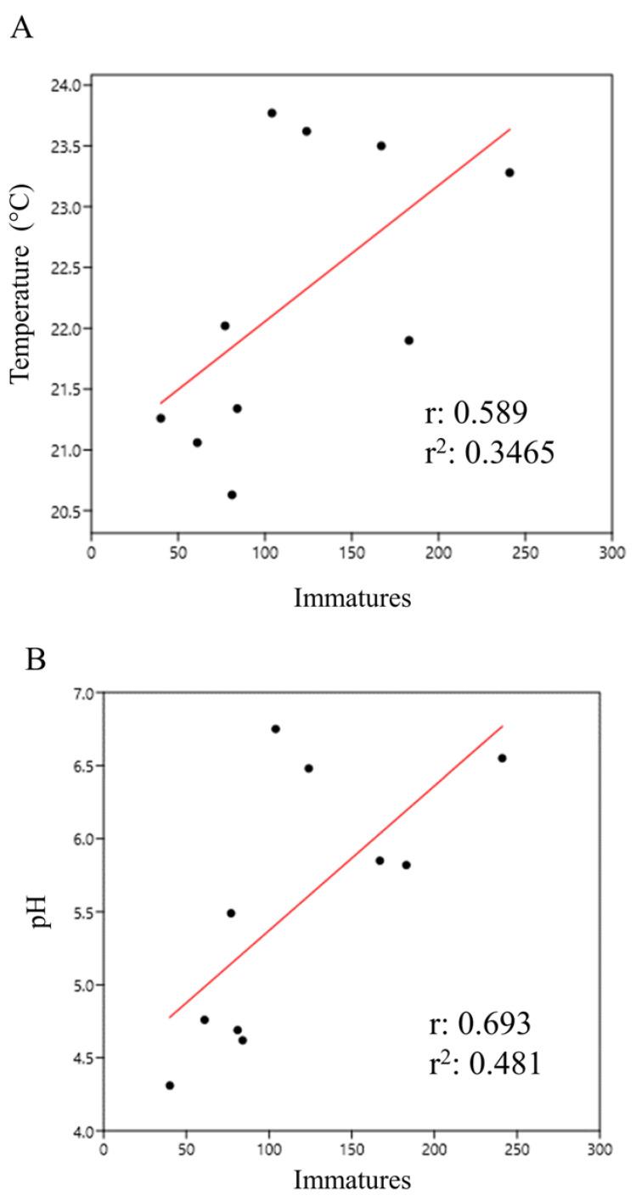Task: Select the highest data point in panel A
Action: [x=272, y=113]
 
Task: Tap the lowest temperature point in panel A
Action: [x=232, y=495]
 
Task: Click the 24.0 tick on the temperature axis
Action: [x=66, y=86]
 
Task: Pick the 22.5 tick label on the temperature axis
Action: [x=66, y=268]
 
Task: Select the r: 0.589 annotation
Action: [x=476, y=415]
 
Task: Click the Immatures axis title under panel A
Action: [x=352, y=598]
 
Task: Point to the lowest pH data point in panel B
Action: [x=170, y=1085]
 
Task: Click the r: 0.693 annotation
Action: [x=481, y=1024]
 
